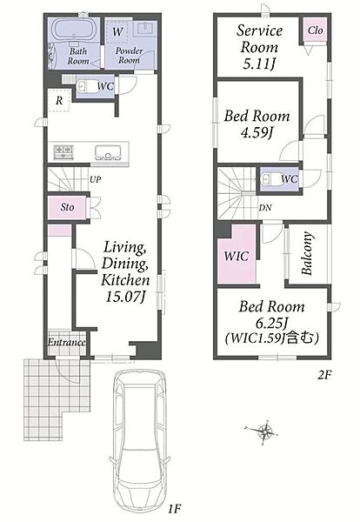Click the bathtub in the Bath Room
75,30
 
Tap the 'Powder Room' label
129,56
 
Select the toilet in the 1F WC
83,87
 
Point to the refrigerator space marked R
59,100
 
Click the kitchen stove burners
63,152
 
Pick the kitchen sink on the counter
107,153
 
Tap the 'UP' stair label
95,179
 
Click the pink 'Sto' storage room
67,207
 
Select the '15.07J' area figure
126,297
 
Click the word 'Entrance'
67,342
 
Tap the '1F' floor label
174,509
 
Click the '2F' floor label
324,375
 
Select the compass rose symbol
264,432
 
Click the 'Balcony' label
307,253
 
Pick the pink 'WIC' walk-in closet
237,255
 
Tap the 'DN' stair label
265,208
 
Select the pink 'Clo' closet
315,30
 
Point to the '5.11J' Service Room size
258,64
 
